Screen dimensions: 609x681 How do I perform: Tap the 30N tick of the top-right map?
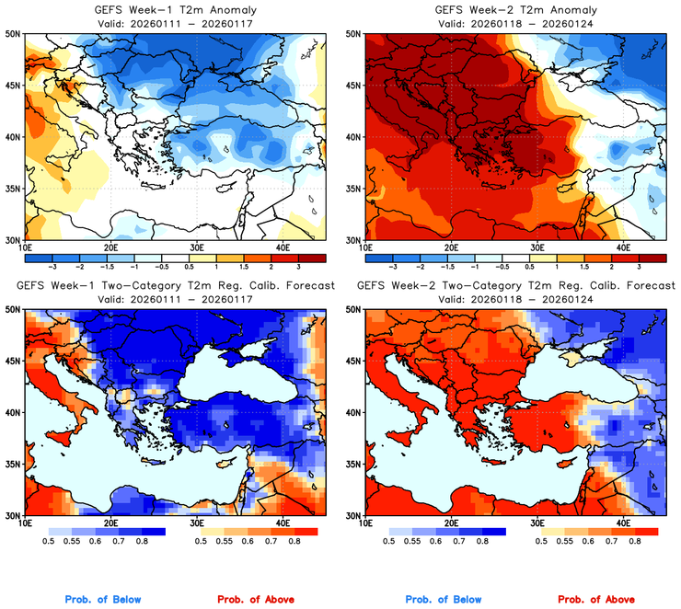(352, 239)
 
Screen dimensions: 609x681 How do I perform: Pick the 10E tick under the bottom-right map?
(365, 523)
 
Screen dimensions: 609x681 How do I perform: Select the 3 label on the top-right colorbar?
(641, 265)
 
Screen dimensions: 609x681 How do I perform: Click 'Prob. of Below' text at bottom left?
(103, 600)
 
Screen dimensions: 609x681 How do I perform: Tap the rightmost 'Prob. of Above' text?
(595, 600)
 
